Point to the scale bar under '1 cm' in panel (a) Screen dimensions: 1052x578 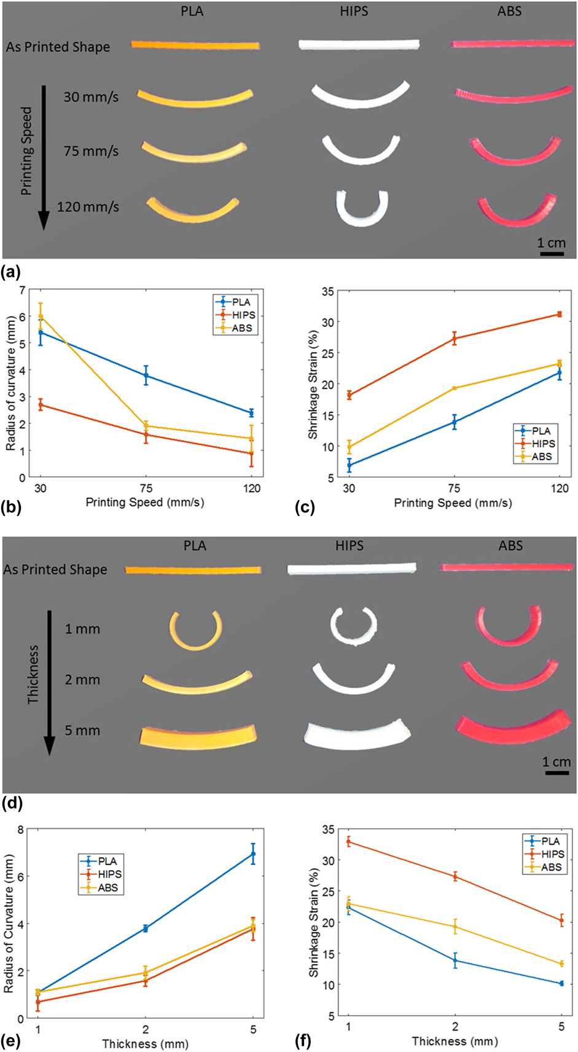[x=552, y=254]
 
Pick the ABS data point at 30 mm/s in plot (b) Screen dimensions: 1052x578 [x=41, y=316]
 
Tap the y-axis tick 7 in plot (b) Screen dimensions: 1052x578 [x=22, y=290]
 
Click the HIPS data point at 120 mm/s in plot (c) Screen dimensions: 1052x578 [x=560, y=314]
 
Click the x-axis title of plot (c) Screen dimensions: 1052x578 [x=453, y=503]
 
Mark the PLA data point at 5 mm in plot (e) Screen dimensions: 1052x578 [x=253, y=854]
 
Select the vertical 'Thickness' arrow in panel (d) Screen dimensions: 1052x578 [x=49, y=682]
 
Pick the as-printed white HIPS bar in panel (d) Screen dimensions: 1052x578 [x=351, y=569]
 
